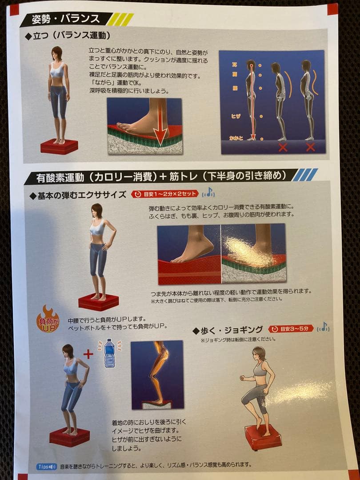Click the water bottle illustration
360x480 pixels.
coord(109,353)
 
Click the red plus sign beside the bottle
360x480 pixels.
coord(88,354)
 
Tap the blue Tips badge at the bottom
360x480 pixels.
coord(46,467)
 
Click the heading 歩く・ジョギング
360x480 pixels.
coord(228,330)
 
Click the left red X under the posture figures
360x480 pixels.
coord(282,147)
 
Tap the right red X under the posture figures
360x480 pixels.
coord(310,147)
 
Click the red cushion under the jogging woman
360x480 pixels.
coord(263,436)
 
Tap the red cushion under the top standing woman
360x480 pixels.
coord(59,146)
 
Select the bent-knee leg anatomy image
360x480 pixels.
coord(157,374)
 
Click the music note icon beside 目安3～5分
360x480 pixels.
coord(325,327)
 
